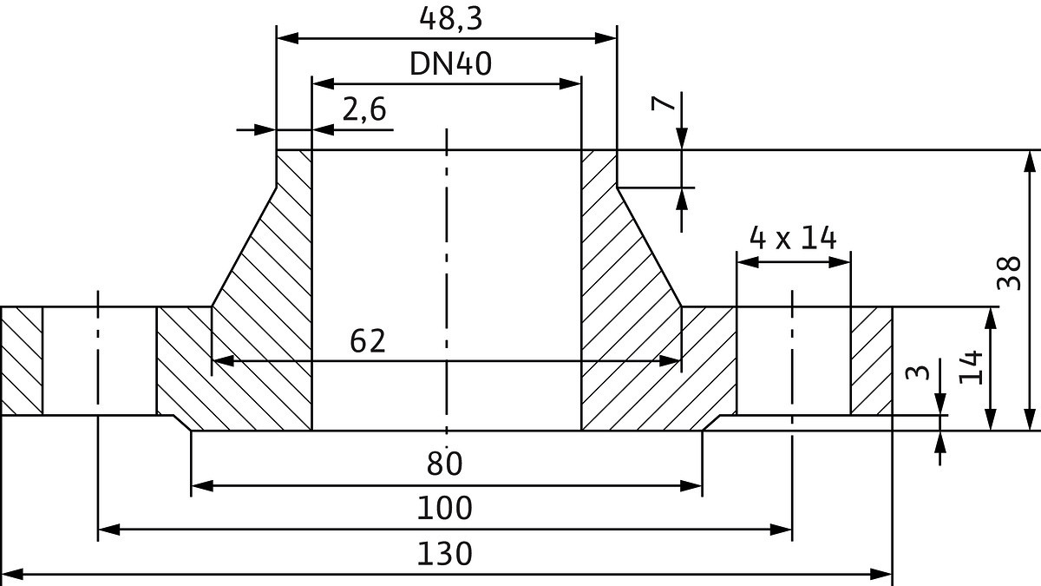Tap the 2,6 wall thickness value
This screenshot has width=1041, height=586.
click(363, 110)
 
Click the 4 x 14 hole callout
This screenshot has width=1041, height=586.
click(792, 236)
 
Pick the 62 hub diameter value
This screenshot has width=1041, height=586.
click(367, 341)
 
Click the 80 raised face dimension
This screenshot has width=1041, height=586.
click(445, 464)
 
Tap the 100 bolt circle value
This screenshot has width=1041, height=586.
click(445, 508)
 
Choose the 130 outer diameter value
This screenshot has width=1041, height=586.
click(445, 553)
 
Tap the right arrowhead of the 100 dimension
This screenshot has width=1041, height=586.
click(782, 528)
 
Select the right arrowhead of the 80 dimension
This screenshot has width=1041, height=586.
click(691, 485)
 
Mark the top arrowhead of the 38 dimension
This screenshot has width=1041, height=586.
click(1030, 161)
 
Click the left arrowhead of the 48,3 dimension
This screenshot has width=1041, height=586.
click(287, 38)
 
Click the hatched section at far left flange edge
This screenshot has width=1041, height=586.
click(22, 361)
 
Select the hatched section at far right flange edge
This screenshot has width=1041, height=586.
click(871, 361)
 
